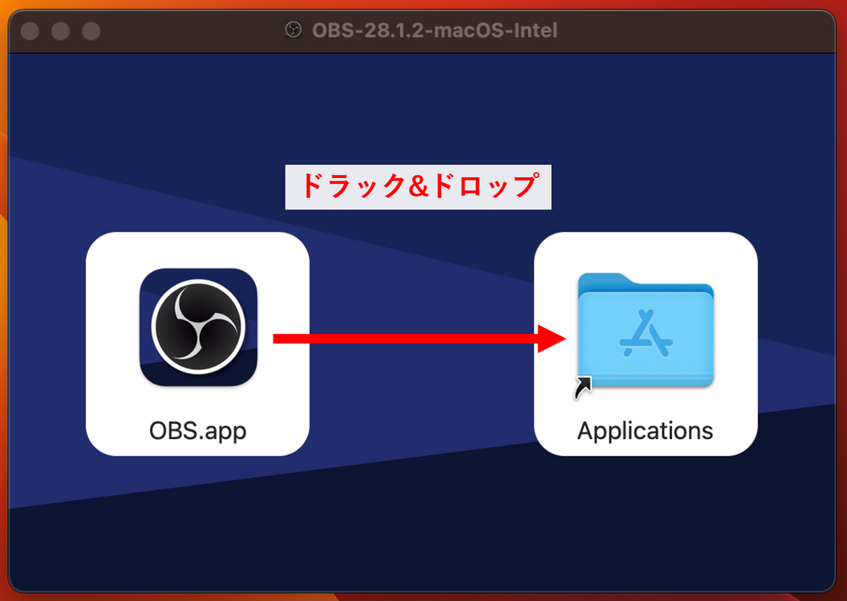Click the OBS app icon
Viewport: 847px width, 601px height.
coord(198,327)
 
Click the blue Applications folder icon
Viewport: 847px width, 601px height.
coord(646,330)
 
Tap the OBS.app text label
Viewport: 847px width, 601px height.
coord(197,432)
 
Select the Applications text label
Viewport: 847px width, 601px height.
coord(645,432)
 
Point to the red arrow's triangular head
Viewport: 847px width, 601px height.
coord(552,339)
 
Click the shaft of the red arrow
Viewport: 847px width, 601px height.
coord(406,339)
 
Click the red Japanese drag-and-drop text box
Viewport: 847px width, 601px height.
coord(418,187)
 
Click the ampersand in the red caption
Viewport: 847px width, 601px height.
coord(419,186)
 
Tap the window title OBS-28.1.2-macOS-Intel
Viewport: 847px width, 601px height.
coord(434,30)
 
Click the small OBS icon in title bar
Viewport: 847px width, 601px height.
coord(294,30)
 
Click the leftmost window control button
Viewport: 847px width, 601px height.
coord(30,30)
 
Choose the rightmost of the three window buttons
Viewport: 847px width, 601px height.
coord(91,30)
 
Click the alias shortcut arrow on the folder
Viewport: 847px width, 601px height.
coord(583,387)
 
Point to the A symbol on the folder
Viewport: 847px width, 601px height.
coord(646,333)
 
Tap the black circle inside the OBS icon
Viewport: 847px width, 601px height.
coord(198,327)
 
